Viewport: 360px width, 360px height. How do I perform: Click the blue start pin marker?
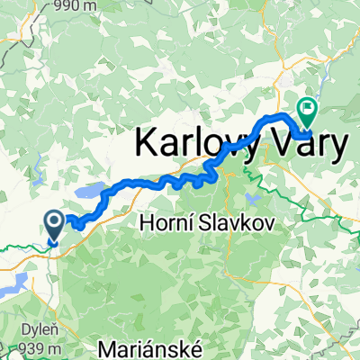coord(54,226)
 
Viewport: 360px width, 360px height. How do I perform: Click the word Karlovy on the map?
coord(192,145)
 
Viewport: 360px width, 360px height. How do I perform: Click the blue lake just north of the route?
coord(89,192)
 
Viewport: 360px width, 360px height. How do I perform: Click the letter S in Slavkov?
coord(198,220)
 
